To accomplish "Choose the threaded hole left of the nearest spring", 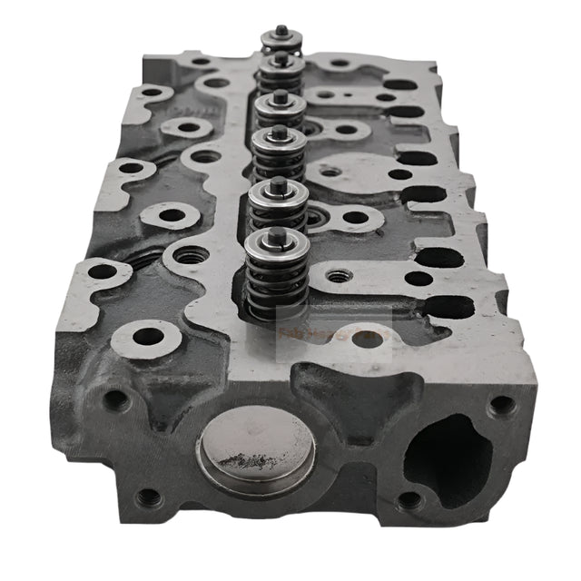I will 190,256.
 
